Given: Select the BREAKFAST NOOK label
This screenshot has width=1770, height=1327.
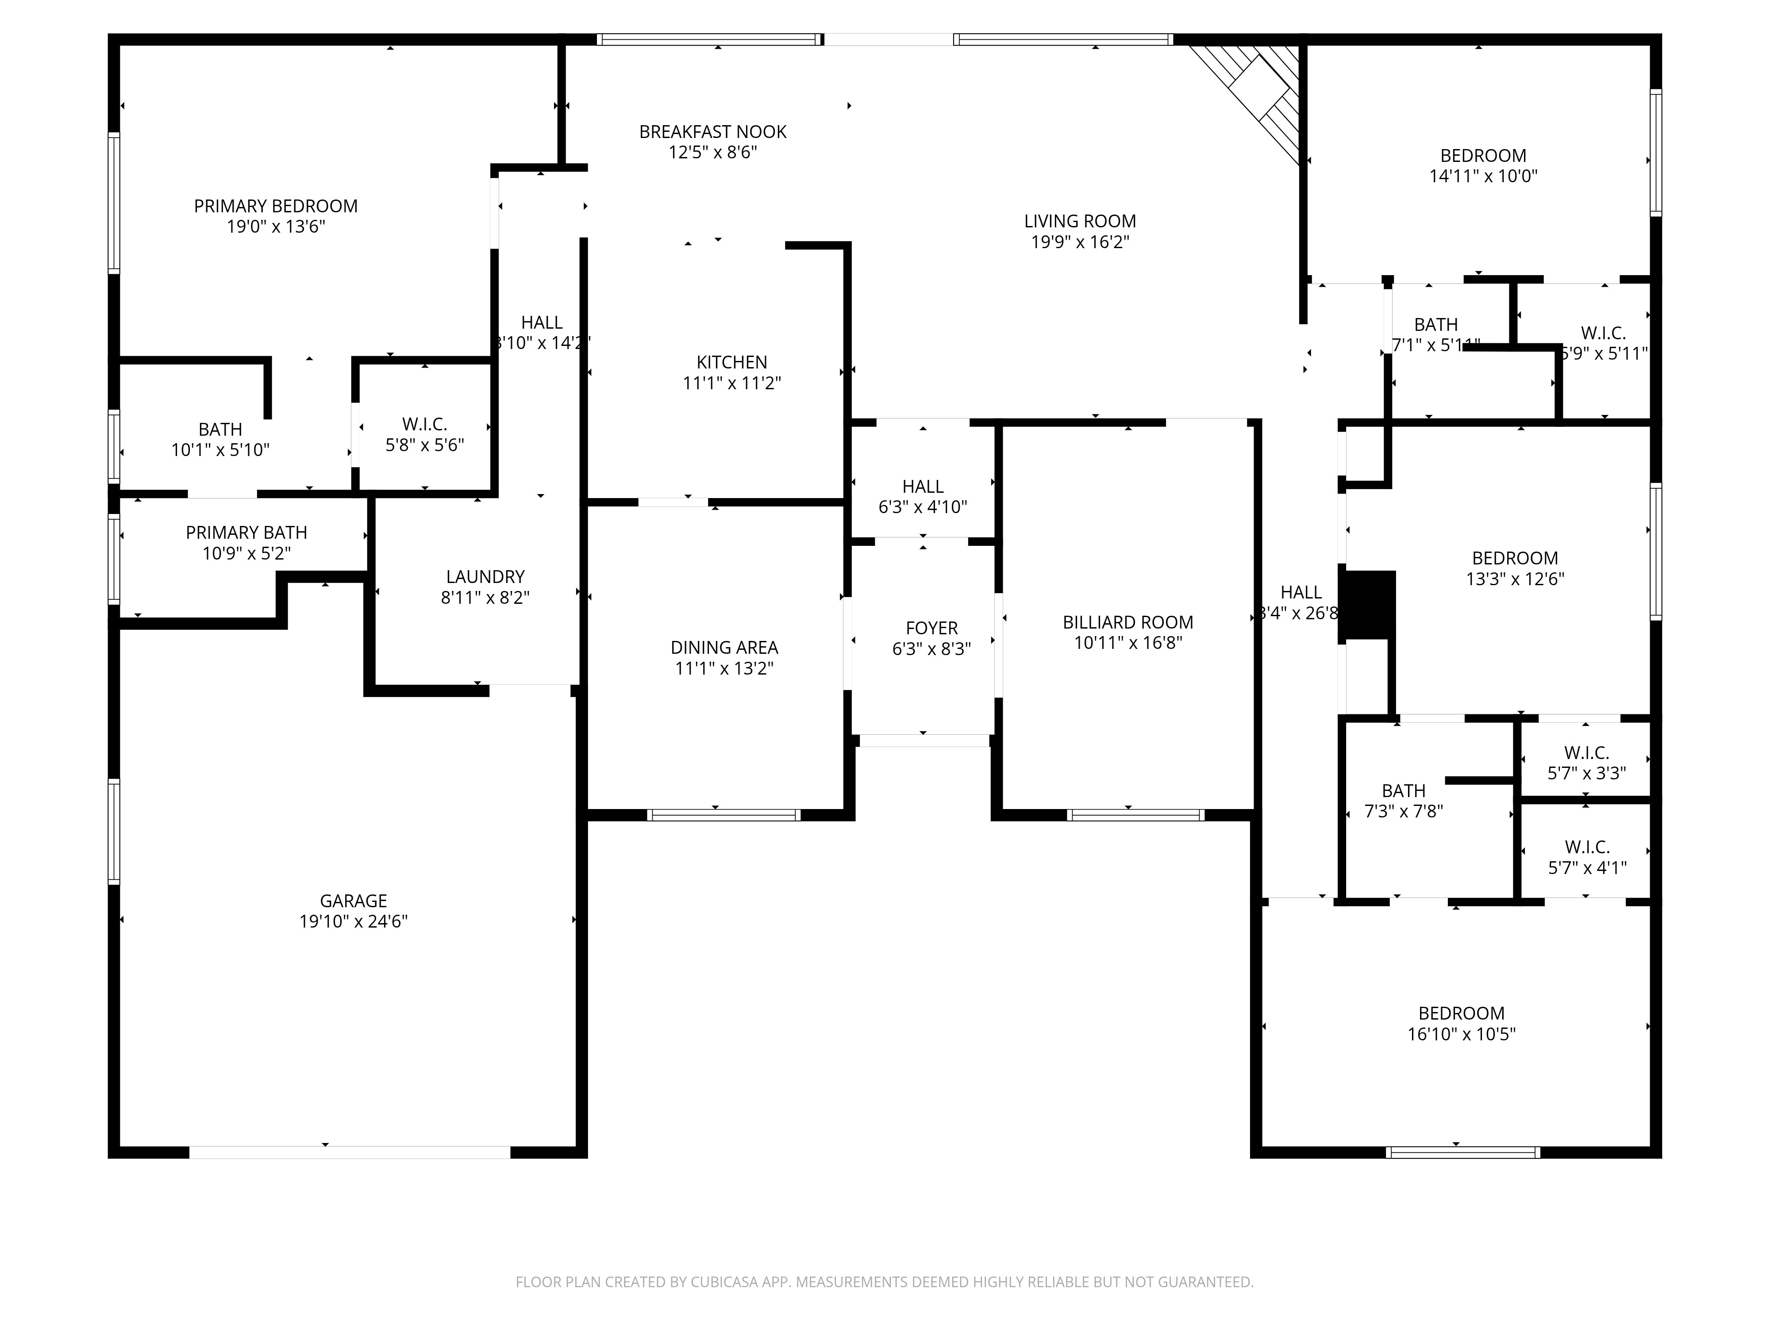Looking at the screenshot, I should pos(712,132).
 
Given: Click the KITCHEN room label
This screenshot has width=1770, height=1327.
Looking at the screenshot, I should pos(731,362).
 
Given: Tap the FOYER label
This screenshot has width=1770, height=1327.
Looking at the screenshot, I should pos(931,629).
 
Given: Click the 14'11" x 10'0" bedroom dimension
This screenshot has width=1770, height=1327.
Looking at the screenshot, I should pos(1483,176).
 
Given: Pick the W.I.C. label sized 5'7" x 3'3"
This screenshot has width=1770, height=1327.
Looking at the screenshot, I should pos(1586,753).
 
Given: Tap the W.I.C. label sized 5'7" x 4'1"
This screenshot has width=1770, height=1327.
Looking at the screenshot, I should pos(1586,846).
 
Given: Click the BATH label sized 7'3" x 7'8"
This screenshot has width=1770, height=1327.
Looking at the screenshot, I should pos(1404,790).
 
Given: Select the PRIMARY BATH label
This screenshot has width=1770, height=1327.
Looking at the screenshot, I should pos(246,533).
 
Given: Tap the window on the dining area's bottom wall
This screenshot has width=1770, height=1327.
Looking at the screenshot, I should pos(723,815).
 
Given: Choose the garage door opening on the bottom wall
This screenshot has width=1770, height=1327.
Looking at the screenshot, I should pos(350,1152).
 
